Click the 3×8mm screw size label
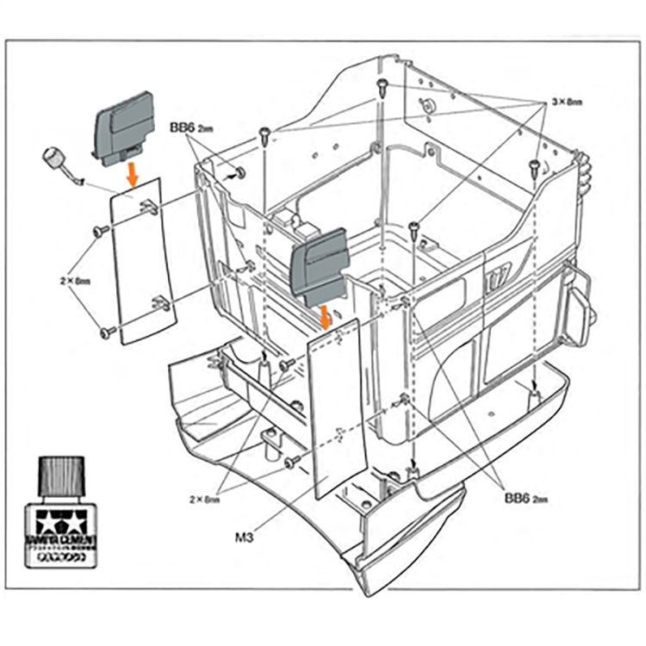(568, 101)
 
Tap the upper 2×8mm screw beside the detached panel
(101, 231)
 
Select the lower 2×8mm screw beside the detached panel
(106, 332)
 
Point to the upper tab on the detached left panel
(147, 207)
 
